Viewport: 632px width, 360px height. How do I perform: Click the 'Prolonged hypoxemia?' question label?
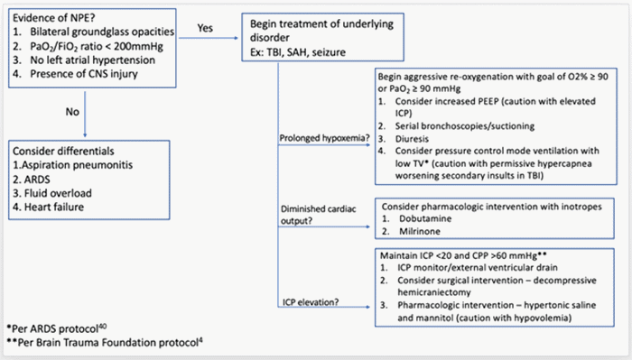click(x=329, y=137)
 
